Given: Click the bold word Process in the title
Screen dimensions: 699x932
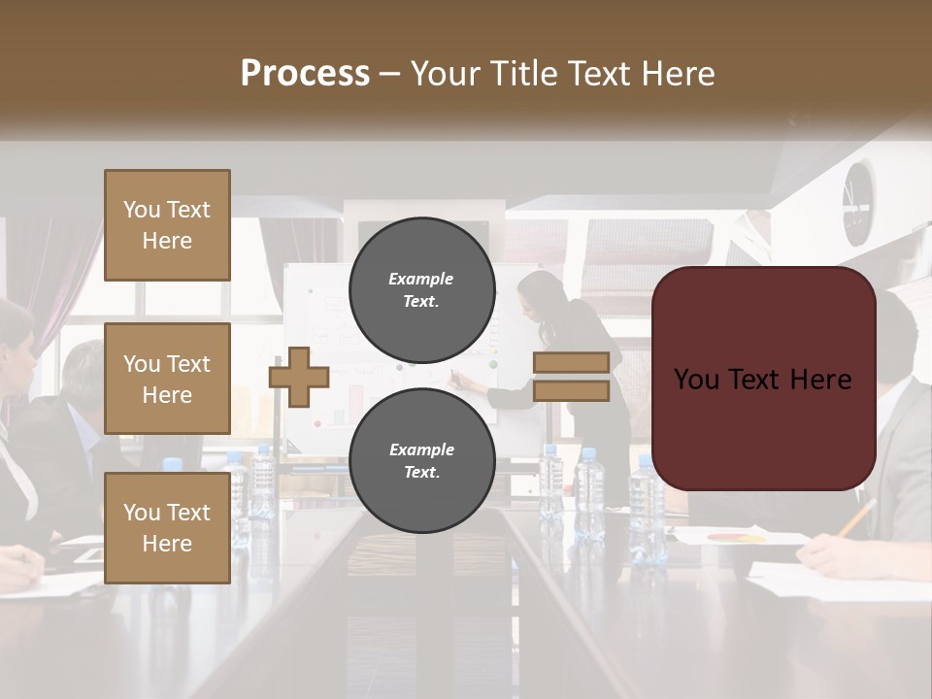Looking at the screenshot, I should (x=305, y=74).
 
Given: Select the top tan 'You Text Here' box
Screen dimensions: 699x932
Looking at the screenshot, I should (x=167, y=225).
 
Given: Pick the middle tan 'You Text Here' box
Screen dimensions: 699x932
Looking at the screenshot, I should (x=167, y=379).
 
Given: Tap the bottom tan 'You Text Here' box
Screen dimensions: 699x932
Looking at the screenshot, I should (x=167, y=528).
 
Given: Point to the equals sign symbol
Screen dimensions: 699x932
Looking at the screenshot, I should (x=571, y=377).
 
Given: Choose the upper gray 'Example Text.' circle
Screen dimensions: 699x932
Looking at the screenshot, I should (x=421, y=289).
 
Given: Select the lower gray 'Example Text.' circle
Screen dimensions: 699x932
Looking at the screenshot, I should (x=421, y=460).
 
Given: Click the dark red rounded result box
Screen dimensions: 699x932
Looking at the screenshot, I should (x=763, y=379).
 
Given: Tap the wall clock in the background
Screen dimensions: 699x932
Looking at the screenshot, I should (x=858, y=202).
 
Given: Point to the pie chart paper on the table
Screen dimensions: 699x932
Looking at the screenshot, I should (x=738, y=536).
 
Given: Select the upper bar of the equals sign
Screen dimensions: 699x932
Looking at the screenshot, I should (x=571, y=362).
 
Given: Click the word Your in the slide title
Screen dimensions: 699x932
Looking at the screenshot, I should (x=445, y=74).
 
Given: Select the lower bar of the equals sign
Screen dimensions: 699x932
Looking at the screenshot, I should (x=571, y=391).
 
